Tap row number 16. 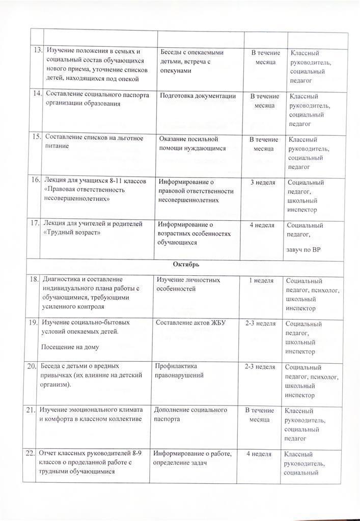coord(36,180)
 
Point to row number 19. coord(33,323)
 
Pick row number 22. coord(30,453)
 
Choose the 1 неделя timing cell coord(261,280)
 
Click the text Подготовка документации coord(198,96)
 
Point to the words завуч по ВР coord(304,249)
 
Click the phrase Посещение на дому coord(70,347)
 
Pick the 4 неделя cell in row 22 coord(258,454)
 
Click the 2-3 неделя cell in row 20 coord(260,367)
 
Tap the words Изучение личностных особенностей coord(188,284)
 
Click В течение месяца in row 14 coord(264,100)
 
